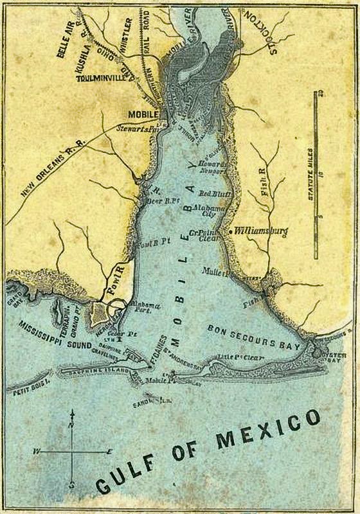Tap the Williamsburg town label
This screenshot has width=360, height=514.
260,230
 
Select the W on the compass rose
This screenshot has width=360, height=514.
37,452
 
